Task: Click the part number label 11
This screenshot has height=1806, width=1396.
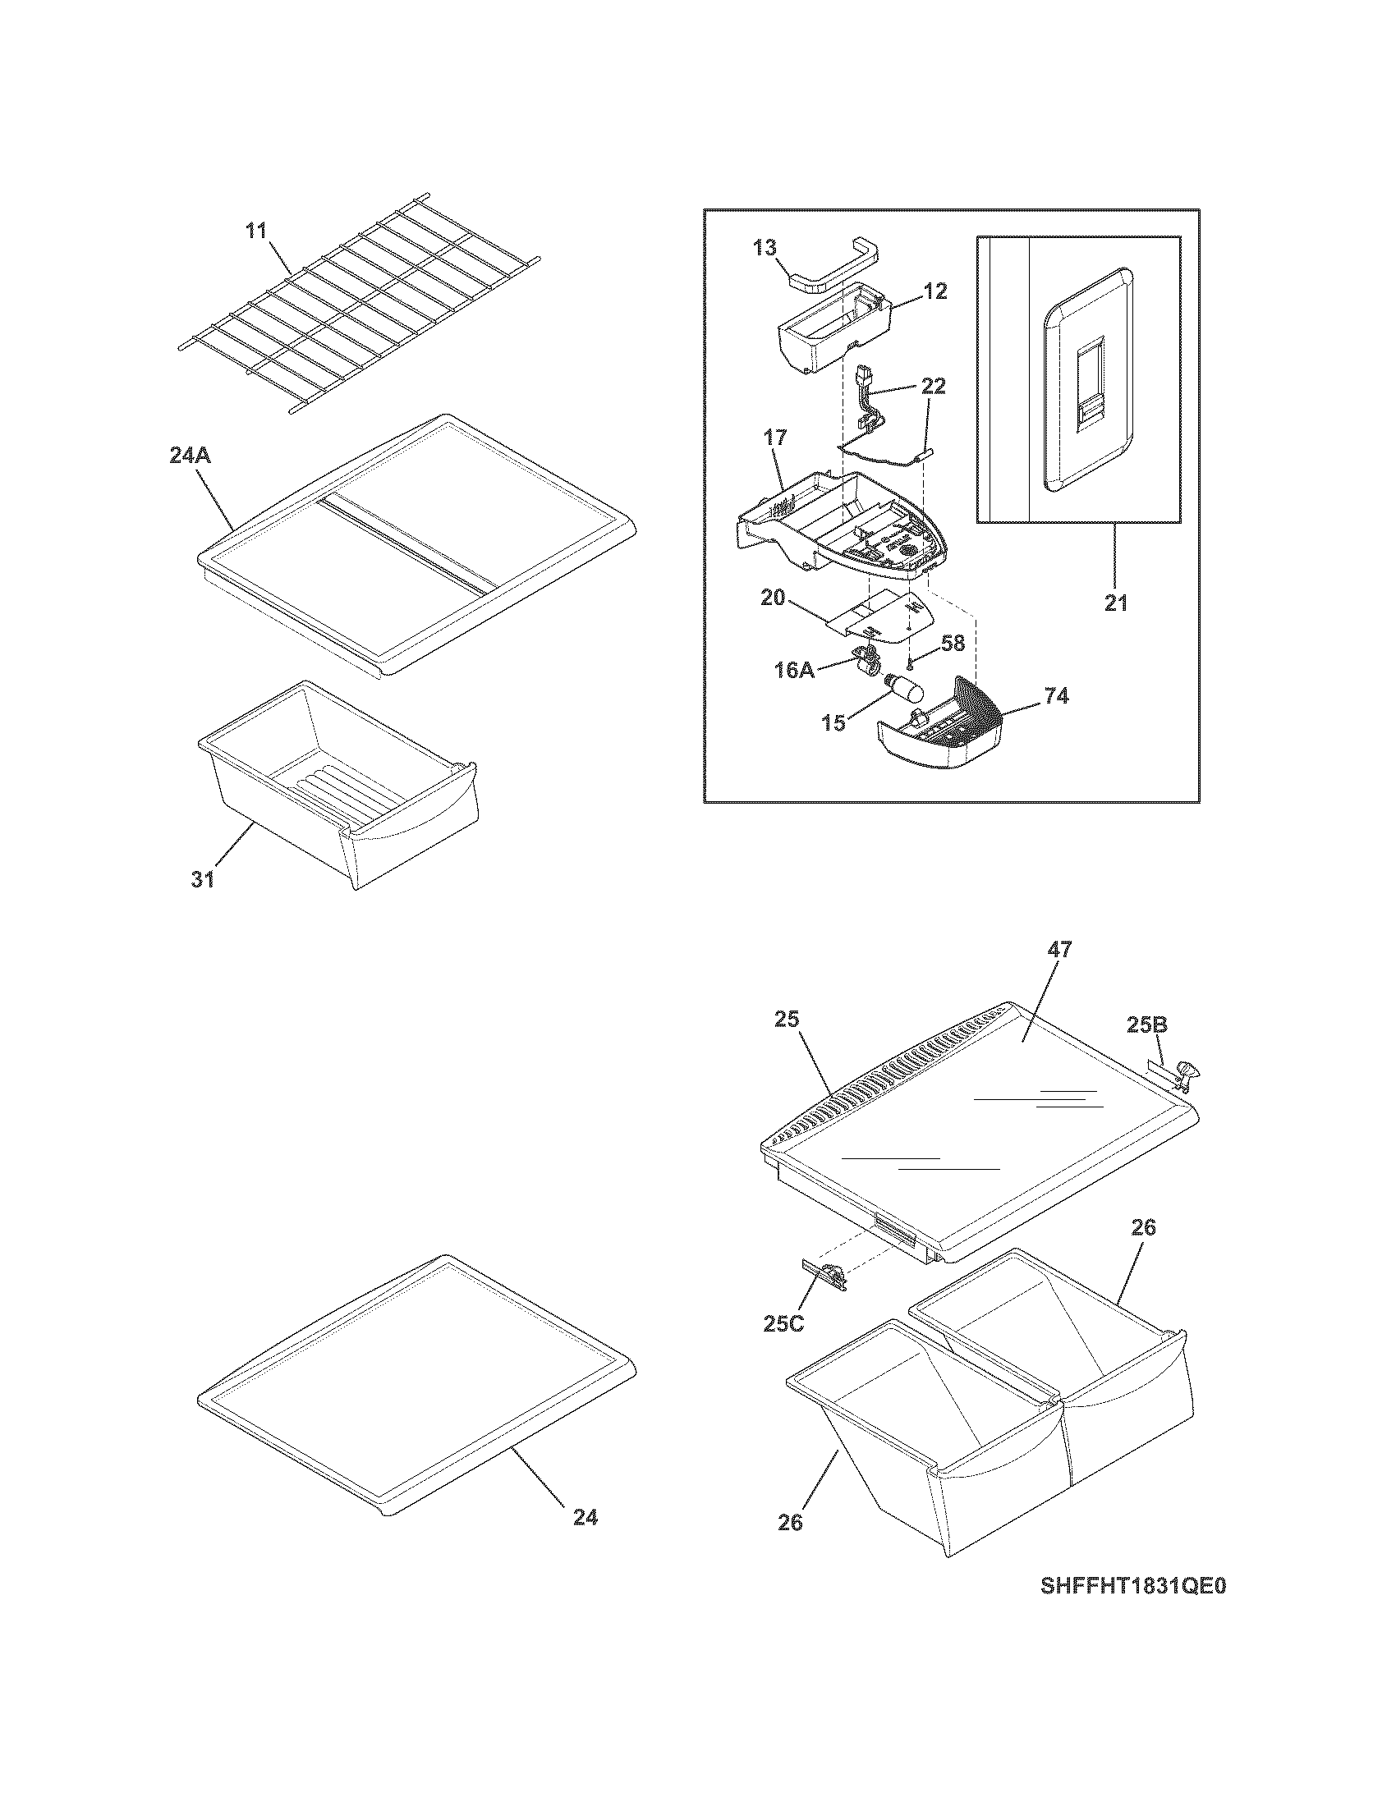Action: coord(256,230)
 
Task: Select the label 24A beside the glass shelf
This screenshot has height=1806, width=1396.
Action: coord(191,456)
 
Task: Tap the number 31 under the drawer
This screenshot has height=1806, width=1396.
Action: coord(204,879)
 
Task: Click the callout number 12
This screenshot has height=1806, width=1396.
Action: coord(935,291)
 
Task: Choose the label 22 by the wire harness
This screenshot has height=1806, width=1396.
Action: coord(933,386)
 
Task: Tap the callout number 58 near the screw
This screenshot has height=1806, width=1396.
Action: coord(953,644)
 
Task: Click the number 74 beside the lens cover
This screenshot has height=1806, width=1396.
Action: coord(1056,696)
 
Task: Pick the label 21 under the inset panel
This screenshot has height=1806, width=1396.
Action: coord(1116,603)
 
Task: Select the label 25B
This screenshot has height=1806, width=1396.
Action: coord(1147,1025)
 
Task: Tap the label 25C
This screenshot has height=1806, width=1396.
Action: coord(783,1324)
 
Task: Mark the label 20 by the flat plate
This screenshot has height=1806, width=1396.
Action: coord(773,597)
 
